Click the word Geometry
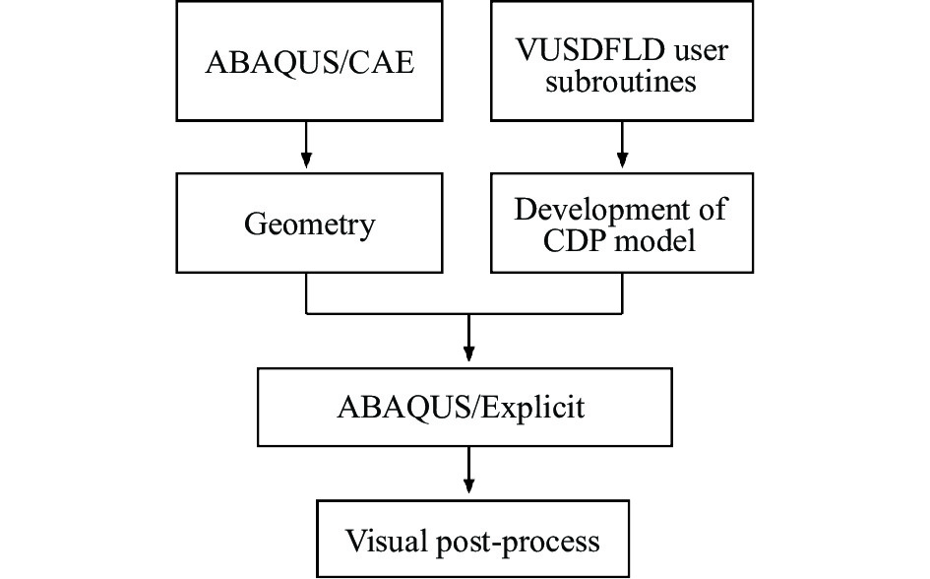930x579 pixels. pos(309,225)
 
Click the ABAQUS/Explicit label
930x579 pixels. pos(465,407)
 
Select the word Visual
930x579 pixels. pos(384,541)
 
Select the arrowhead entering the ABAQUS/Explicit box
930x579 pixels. pos(468,354)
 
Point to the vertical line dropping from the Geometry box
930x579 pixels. pos(307,292)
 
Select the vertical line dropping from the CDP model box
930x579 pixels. pos(622,292)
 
